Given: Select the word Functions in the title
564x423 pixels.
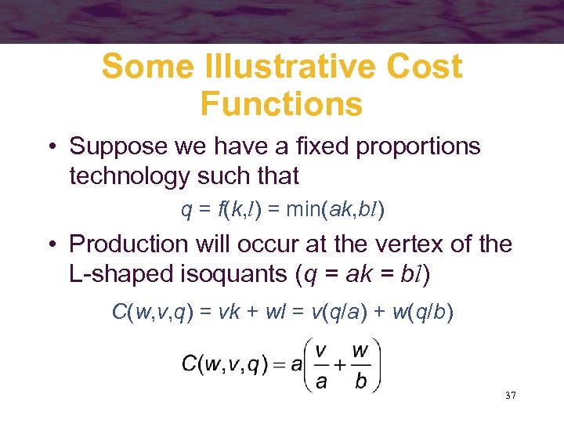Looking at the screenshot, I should [x=281, y=103].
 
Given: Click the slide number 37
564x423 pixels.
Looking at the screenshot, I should [x=511, y=396].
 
